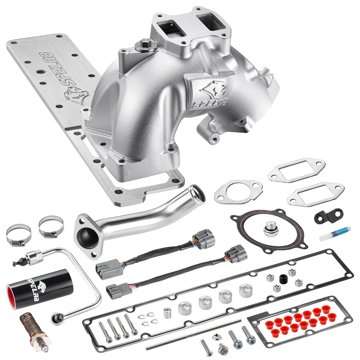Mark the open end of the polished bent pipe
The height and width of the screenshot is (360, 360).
tap(198, 194)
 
